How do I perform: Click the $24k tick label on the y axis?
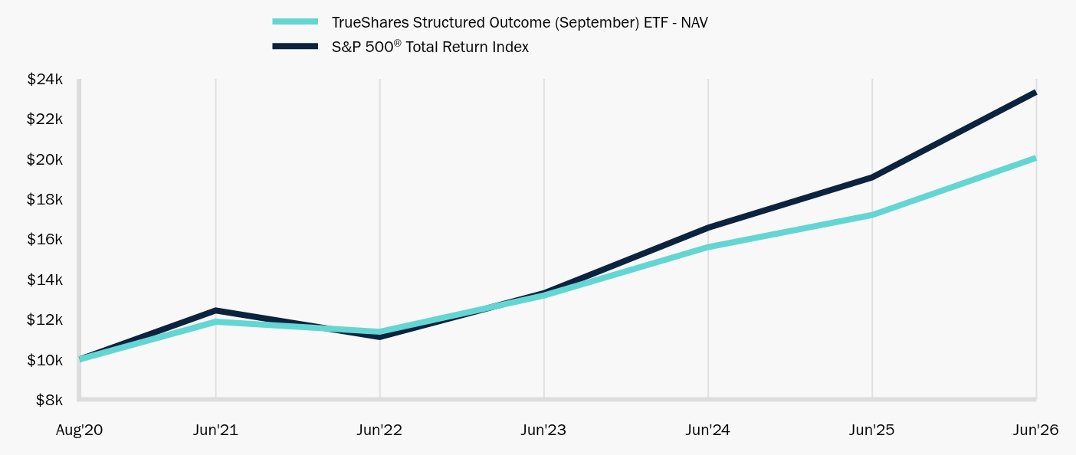point(44,79)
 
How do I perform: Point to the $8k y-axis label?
point(49,400)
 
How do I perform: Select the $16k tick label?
point(44,239)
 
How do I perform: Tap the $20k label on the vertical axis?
point(44,159)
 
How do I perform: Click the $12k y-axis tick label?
point(44,319)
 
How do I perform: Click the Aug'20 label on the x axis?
point(79,430)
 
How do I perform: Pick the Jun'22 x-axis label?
point(379,430)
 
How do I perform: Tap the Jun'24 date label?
point(707,430)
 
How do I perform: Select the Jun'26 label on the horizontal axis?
point(1035,430)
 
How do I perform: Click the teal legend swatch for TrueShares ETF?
point(295,21)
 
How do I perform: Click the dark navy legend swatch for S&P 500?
point(295,46)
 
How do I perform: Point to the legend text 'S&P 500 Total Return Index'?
point(430,47)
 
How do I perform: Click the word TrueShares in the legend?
point(370,22)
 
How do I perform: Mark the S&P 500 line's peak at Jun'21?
point(215,310)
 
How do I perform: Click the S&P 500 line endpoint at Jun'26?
point(1035,93)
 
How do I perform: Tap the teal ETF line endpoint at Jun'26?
point(1035,159)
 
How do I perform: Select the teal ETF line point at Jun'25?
point(872,215)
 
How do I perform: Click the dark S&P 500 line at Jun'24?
point(707,227)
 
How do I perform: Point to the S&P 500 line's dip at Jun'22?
point(379,337)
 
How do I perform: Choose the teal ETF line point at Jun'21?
point(215,322)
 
